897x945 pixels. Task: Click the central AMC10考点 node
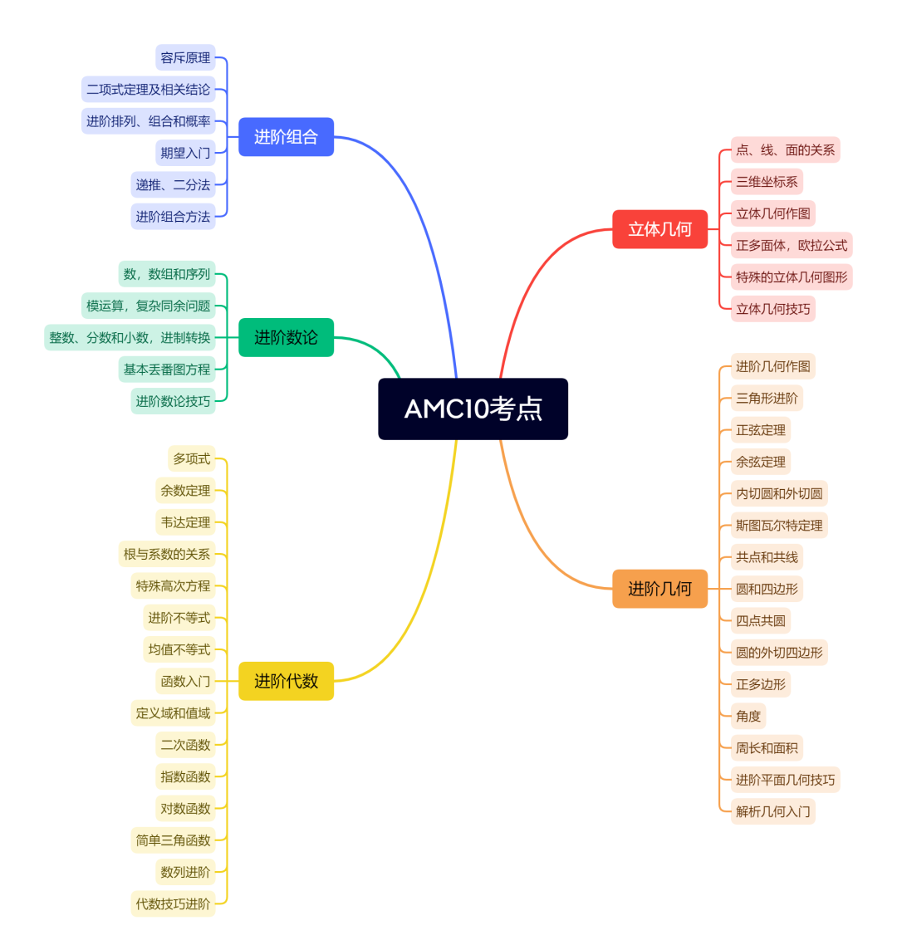(x=473, y=409)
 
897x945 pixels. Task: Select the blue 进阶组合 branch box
(x=286, y=137)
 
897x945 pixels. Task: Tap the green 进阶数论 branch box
(x=286, y=337)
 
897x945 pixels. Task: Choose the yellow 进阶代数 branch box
(x=286, y=681)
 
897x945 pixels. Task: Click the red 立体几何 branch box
(x=659, y=229)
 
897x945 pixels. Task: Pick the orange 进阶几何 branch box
(x=659, y=589)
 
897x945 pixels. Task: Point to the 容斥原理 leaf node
(x=185, y=58)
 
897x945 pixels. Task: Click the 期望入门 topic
(x=185, y=153)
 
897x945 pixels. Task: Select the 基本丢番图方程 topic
(x=167, y=370)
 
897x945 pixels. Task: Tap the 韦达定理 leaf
(x=185, y=522)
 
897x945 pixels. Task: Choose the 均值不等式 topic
(x=179, y=649)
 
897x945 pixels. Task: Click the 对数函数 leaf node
(x=185, y=808)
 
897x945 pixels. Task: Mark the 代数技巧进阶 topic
(x=173, y=903)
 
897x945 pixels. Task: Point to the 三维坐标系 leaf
(x=767, y=182)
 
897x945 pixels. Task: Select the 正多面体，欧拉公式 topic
(x=792, y=245)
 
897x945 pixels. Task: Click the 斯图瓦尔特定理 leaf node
(x=779, y=526)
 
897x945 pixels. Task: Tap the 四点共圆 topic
(x=760, y=620)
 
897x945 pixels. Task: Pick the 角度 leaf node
(x=747, y=716)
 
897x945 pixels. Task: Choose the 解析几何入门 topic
(x=772, y=811)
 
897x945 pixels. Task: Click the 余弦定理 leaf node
(x=760, y=462)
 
